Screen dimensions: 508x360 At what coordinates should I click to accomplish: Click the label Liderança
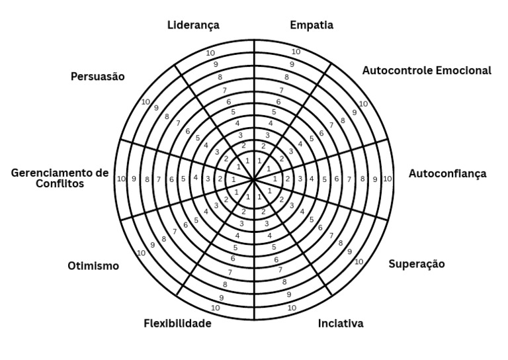coord(193,25)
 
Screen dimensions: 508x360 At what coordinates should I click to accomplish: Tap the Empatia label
coord(312,25)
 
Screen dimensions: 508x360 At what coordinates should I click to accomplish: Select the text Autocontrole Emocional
coord(427,70)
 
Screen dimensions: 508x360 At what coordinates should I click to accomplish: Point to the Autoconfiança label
coord(447,174)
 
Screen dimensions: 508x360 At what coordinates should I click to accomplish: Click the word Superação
coord(416,264)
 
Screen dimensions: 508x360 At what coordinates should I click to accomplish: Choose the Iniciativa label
coord(341,324)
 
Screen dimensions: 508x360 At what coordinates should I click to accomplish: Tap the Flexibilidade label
coord(177,324)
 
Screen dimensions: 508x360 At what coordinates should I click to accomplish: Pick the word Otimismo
coord(93,266)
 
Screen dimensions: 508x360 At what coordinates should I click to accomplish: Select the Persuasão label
coord(97,76)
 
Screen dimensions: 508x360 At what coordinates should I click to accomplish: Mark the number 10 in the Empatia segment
coord(296,52)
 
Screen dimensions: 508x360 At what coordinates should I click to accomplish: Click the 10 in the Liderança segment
coord(210,53)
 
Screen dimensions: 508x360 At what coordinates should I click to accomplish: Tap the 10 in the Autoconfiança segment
coord(388,179)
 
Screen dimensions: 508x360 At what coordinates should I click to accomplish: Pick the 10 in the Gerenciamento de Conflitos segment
coord(121,179)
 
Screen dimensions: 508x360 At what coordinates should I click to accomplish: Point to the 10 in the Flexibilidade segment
coord(215,308)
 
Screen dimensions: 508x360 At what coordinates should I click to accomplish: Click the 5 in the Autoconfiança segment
coord(325,179)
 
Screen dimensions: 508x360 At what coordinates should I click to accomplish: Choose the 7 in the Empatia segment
coord(281,90)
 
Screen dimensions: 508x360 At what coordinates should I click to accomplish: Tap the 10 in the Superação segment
coord(359,261)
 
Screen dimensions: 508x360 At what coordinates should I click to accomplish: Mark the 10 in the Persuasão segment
coord(145,102)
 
